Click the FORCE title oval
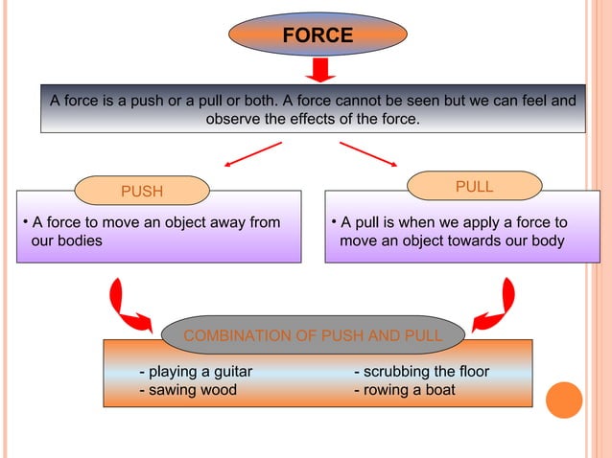318,35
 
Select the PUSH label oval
142,191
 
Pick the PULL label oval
475,187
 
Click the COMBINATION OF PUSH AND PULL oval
313,335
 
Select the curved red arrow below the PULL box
498,305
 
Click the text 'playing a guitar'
197,372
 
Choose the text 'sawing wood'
188,390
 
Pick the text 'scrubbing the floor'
422,372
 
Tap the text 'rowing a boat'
405,390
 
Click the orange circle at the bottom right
564,400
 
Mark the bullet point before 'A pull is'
332,221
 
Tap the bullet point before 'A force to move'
25,221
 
